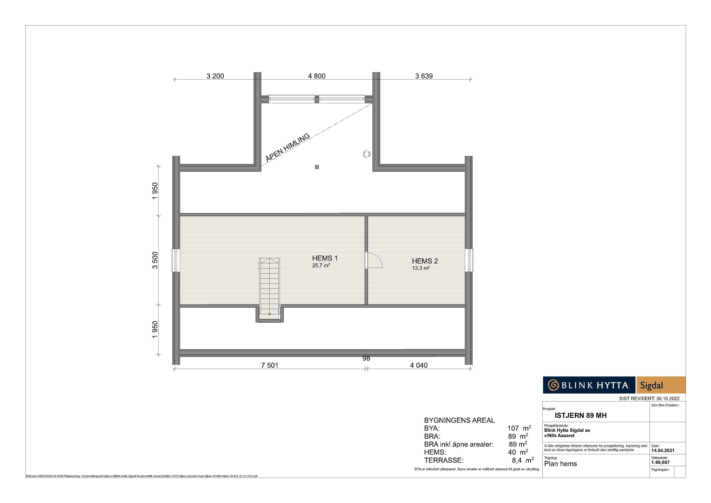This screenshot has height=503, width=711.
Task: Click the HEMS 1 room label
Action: pyautogui.click(x=325, y=258)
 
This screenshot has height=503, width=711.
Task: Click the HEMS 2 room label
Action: pyautogui.click(x=425, y=261)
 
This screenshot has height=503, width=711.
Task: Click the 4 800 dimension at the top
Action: pyautogui.click(x=317, y=76)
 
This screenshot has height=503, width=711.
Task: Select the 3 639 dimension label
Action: pyautogui.click(x=424, y=76)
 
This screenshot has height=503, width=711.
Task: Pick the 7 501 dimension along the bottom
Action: pyautogui.click(x=270, y=366)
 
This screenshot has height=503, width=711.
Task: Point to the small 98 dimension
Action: pyautogui.click(x=366, y=358)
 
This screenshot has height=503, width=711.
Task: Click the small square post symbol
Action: pyautogui.click(x=317, y=167)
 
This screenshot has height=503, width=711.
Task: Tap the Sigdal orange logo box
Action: pyautogui.click(x=661, y=385)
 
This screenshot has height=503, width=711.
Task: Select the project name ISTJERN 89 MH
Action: pyautogui.click(x=581, y=416)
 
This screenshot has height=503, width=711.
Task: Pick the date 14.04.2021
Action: pyautogui.click(x=663, y=451)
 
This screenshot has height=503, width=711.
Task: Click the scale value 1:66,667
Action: pyautogui.click(x=661, y=462)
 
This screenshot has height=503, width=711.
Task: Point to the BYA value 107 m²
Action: pyautogui.click(x=519, y=428)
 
